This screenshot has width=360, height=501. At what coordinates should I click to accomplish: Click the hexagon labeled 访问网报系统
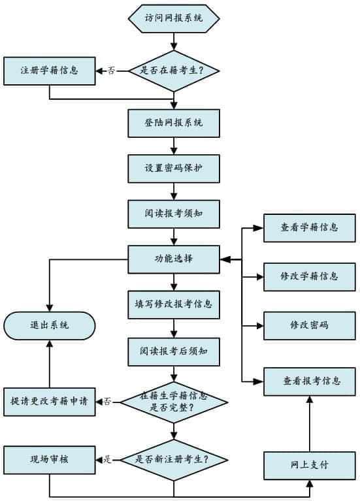point(174,18)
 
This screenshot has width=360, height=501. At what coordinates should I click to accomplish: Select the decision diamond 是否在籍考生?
point(174,70)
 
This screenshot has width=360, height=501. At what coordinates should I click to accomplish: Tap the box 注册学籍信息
point(50,71)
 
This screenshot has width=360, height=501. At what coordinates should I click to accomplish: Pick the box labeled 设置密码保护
point(174,168)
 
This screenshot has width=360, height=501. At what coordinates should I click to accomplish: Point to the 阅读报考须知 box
point(174,213)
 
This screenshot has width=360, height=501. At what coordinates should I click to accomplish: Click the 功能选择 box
point(174,259)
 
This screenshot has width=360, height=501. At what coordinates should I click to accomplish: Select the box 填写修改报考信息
point(174,304)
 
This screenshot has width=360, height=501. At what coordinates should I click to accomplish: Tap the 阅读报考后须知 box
point(174,351)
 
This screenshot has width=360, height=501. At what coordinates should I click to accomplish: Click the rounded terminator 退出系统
point(50,325)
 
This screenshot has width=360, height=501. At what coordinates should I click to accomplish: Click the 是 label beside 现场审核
point(107,459)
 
